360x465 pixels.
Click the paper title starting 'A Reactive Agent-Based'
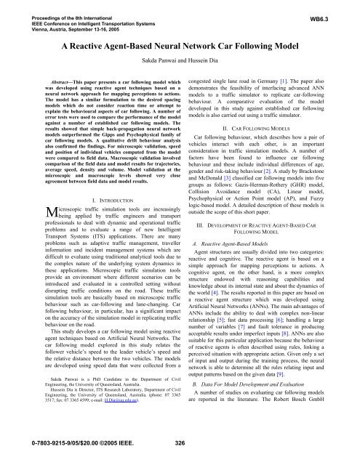tap(179, 45)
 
